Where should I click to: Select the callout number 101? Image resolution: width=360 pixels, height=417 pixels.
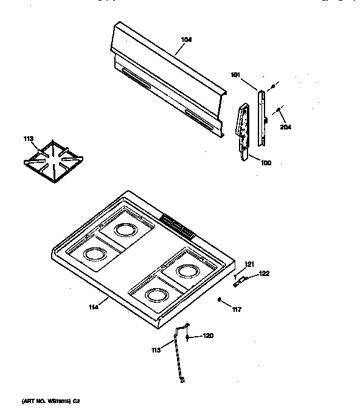coord(235,75)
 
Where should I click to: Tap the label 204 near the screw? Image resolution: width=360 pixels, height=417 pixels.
coord(285,128)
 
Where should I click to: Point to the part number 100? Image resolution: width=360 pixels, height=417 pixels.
coord(266,162)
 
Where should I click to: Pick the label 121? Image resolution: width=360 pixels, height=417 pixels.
coord(248,263)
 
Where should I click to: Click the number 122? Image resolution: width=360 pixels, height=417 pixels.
coord(263,273)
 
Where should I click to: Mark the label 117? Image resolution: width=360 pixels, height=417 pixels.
coord(236,309)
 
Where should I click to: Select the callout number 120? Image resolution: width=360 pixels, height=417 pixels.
coord(208,336)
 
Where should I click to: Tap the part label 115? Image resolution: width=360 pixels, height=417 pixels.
coord(156,350)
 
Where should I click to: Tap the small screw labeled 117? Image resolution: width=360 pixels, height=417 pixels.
coord(220,299)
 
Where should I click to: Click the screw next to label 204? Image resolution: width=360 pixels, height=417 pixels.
coord(278,110)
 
